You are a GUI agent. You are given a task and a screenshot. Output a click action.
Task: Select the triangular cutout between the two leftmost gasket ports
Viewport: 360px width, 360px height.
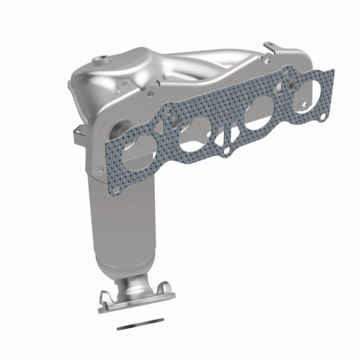coord(170,126)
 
